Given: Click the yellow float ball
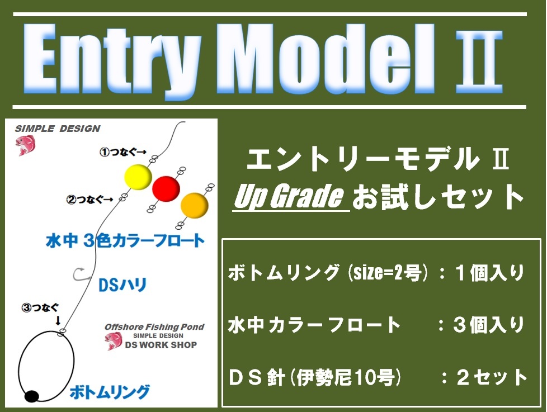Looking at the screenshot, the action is (x=138, y=177).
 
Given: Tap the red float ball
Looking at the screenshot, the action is (x=166, y=188).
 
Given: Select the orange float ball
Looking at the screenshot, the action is (x=194, y=205).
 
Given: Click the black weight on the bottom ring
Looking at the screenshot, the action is (x=32, y=396).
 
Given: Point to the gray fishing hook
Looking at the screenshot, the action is (x=80, y=274).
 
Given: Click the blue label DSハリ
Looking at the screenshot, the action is (x=122, y=285).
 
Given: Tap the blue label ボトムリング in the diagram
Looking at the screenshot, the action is (x=110, y=392).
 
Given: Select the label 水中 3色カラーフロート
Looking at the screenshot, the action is (x=125, y=241).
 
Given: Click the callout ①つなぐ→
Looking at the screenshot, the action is (x=123, y=152).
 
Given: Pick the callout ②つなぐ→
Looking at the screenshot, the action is (x=90, y=200).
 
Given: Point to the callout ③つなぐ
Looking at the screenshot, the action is (x=40, y=308).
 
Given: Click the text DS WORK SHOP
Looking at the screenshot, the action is (x=161, y=345).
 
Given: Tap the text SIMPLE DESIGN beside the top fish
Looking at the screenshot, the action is (x=58, y=129).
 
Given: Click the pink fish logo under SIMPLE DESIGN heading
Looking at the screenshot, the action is (x=25, y=145).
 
